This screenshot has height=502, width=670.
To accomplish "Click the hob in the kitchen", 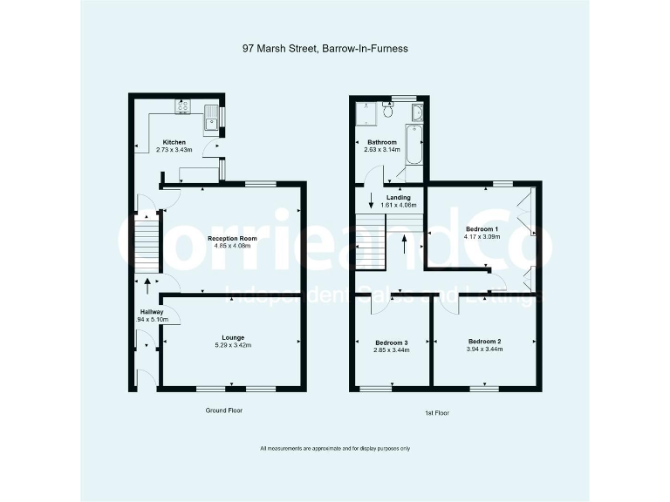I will coord(184,107).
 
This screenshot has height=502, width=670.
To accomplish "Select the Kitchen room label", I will coord(174,142).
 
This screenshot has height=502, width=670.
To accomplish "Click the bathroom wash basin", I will coord(416,113).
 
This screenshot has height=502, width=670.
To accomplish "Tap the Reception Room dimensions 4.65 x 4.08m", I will coord(232,246).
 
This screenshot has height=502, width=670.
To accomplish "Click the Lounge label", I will coord(232,337).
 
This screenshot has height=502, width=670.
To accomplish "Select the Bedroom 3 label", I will coord(392,342).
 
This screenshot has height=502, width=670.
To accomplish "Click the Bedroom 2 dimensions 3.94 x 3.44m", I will coord(486,349).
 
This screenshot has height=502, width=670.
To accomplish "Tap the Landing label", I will coord(398,197).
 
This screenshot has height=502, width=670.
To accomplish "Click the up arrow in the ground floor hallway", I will coord(147,282).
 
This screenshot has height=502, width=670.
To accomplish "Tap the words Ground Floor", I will coord(224,410).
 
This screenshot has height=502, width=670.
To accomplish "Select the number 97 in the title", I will coord(249,49).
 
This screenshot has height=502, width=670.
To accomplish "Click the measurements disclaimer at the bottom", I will coord(334,448).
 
